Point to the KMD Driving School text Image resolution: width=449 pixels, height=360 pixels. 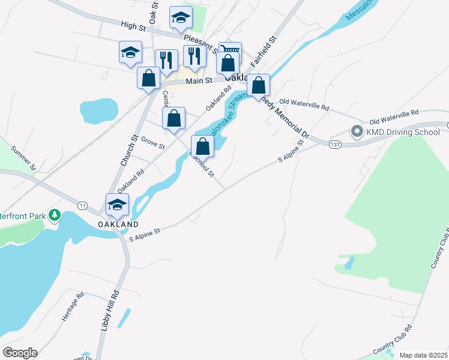pos(395,131)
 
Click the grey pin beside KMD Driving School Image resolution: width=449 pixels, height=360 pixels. pos(356,131)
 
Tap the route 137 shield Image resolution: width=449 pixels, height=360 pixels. pos(335,144)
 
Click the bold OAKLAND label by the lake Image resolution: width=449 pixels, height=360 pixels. pos(119,224)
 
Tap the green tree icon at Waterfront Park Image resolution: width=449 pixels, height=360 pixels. pos(55,214)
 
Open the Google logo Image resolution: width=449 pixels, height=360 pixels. pos(20,353)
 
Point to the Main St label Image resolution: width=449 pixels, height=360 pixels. pos(199,80)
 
